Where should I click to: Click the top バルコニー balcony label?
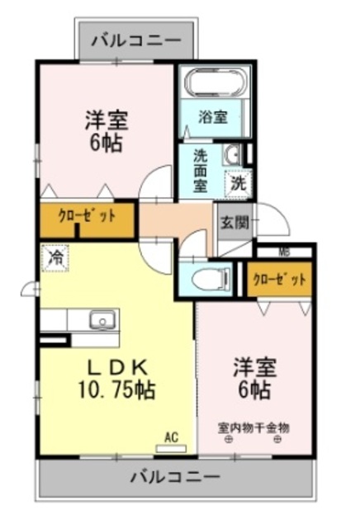click(137, 39)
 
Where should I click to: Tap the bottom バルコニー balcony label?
click(176, 477)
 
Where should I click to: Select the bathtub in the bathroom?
click(214, 85)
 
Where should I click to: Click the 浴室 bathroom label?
click(213, 117)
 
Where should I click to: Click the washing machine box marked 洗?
click(239, 181)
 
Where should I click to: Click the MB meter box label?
click(284, 252)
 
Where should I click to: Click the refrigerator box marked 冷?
click(55, 258)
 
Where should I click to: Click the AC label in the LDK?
click(172, 437)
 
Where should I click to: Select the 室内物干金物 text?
click(253, 427)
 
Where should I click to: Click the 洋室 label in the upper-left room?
click(107, 121)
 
